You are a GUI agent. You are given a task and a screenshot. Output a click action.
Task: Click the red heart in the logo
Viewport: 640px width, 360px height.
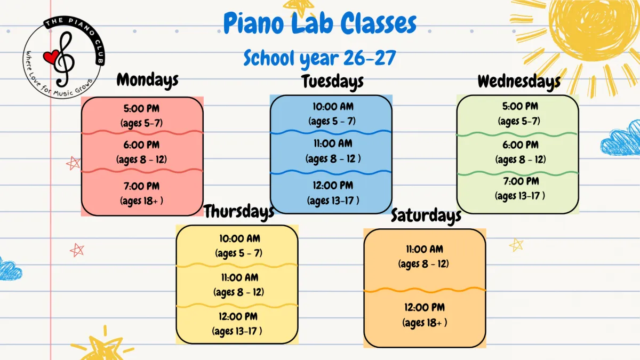pyautogui.click(x=51, y=57)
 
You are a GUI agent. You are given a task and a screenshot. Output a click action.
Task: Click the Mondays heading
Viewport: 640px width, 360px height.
pyautogui.click(x=147, y=81)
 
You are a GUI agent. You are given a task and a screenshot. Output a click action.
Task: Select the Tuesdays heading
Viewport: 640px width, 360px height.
pyautogui.click(x=333, y=82)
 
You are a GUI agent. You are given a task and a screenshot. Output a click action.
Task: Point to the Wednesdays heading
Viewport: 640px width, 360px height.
pyautogui.click(x=519, y=82)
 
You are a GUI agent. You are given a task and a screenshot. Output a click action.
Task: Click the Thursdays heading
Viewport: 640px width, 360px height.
pyautogui.click(x=239, y=212)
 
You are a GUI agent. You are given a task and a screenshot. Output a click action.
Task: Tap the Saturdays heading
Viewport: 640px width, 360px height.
pyautogui.click(x=426, y=215)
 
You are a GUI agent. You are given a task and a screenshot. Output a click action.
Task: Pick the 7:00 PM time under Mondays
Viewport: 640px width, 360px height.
pyautogui.click(x=141, y=186)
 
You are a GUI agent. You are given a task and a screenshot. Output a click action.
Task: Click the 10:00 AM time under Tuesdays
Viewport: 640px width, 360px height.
pyautogui.click(x=333, y=107)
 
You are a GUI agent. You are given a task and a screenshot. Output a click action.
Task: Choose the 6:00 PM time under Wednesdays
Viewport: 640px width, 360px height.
pyautogui.click(x=521, y=145)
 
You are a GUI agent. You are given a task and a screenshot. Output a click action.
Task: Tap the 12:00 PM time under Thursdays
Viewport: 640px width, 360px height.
pyautogui.click(x=238, y=317)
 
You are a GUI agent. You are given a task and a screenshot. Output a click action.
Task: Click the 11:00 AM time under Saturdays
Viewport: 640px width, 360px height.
pyautogui.click(x=425, y=249)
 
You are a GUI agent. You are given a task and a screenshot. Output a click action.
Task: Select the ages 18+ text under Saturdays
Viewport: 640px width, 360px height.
pyautogui.click(x=425, y=323)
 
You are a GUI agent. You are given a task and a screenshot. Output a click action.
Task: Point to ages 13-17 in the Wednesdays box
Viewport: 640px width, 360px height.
pyautogui.click(x=519, y=196)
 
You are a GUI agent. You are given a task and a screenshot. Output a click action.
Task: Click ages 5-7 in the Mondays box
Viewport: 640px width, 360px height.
pyautogui.click(x=141, y=123)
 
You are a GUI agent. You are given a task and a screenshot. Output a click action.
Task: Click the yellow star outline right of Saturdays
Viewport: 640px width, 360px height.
pyautogui.click(x=516, y=245)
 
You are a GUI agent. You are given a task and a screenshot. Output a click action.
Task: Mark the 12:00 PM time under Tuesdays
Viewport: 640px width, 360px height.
pyautogui.click(x=333, y=186)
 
